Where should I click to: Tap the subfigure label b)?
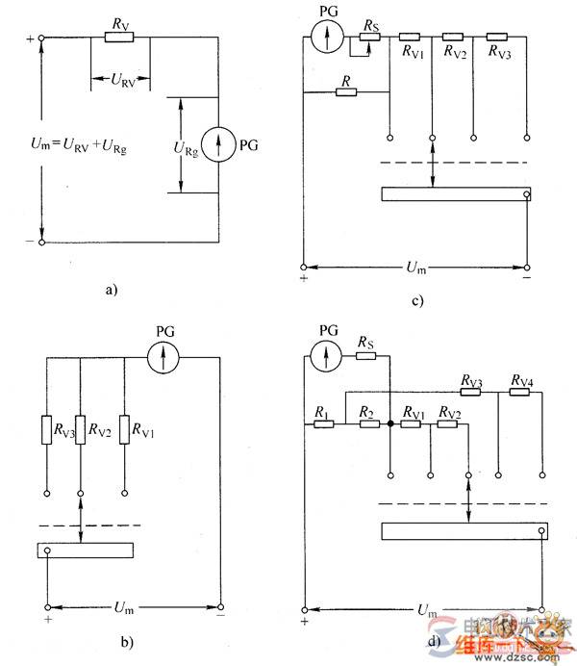click(125, 640)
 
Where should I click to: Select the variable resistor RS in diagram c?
click(370, 38)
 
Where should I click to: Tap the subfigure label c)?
click(416, 301)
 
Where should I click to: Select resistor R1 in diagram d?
click(323, 423)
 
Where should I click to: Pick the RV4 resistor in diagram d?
click(522, 393)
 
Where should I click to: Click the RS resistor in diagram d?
click(365, 357)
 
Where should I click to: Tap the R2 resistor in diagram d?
click(366, 423)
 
